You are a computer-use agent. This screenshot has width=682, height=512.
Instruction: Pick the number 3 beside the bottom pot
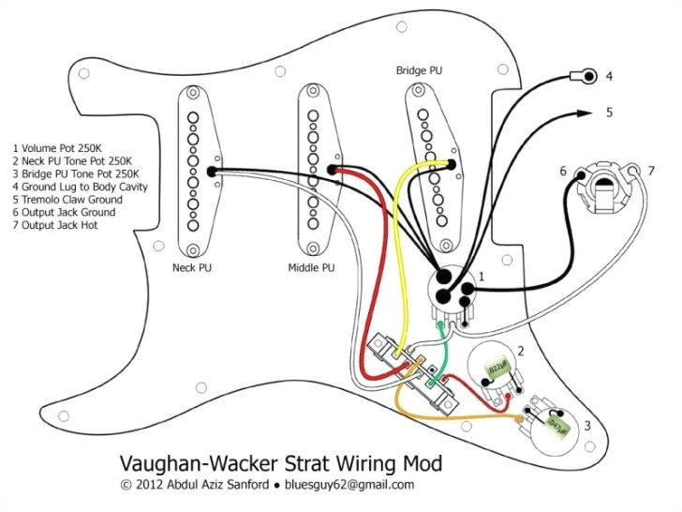point(587,426)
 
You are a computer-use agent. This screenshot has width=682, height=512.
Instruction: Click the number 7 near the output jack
point(650,171)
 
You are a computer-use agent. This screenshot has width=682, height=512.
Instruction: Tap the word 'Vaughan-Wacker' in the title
point(188,463)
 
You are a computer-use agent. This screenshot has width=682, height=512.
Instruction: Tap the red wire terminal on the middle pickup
point(334,170)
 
